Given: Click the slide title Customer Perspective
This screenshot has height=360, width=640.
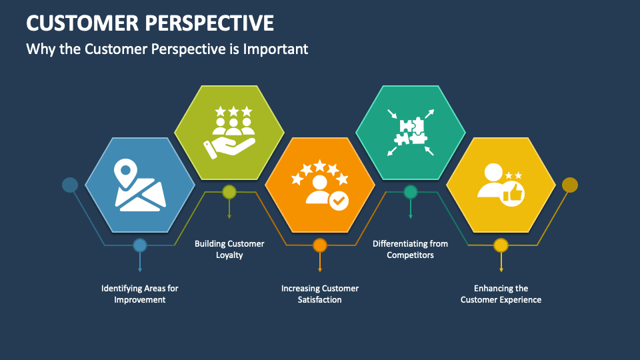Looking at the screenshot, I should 150,23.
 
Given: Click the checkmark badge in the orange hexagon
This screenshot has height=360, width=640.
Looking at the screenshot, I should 339,200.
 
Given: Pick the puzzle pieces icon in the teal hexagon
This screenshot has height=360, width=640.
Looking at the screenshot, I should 411,132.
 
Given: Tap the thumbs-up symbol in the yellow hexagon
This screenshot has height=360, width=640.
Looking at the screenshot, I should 514,193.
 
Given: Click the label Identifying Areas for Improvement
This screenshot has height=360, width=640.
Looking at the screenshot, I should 139,294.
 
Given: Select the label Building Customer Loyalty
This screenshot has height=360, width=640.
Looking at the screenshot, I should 229,249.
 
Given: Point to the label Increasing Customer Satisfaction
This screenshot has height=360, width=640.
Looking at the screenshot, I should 320,294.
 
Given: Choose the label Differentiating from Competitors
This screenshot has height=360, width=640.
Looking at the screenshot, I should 410,249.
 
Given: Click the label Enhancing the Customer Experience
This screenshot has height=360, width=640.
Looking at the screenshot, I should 501,294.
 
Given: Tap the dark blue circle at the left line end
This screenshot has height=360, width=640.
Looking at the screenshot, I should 70,185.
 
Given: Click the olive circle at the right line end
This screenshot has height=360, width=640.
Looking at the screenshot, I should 570,185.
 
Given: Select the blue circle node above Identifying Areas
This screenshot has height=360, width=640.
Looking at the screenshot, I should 139,245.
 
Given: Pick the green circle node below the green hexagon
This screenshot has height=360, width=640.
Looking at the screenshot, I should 229,193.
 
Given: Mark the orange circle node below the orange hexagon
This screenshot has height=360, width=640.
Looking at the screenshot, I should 320,245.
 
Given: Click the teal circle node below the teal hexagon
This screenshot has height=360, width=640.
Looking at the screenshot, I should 411,193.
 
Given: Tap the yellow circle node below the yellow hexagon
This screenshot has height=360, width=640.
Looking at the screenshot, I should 501,245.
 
